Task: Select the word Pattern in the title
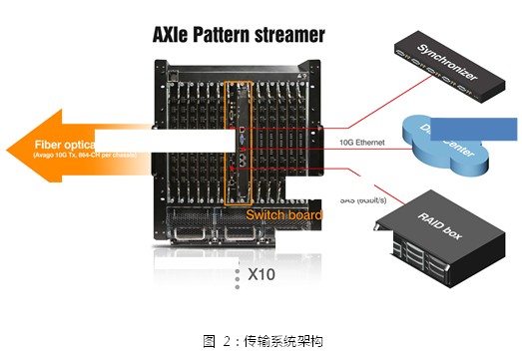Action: tap(233, 36)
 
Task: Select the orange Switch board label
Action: tap(284, 214)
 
